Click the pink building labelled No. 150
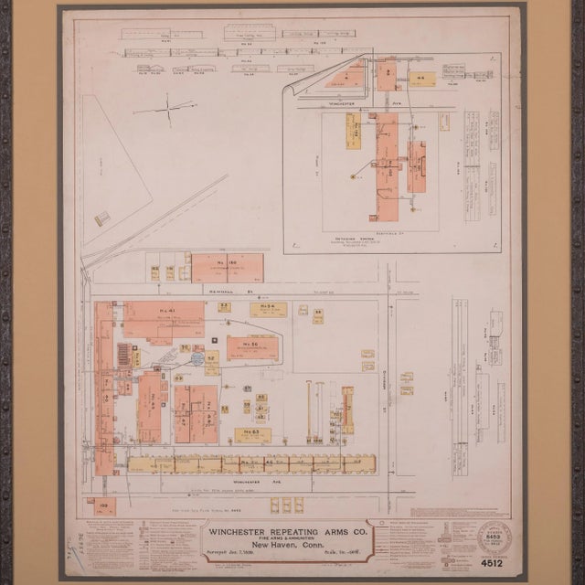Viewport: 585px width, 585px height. pos(227,267)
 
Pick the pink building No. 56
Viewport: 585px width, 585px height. pos(251,346)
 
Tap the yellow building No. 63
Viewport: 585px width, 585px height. pos(251,434)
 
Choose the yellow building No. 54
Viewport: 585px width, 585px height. pos(268,310)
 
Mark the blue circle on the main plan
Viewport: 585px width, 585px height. pos(197,359)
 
